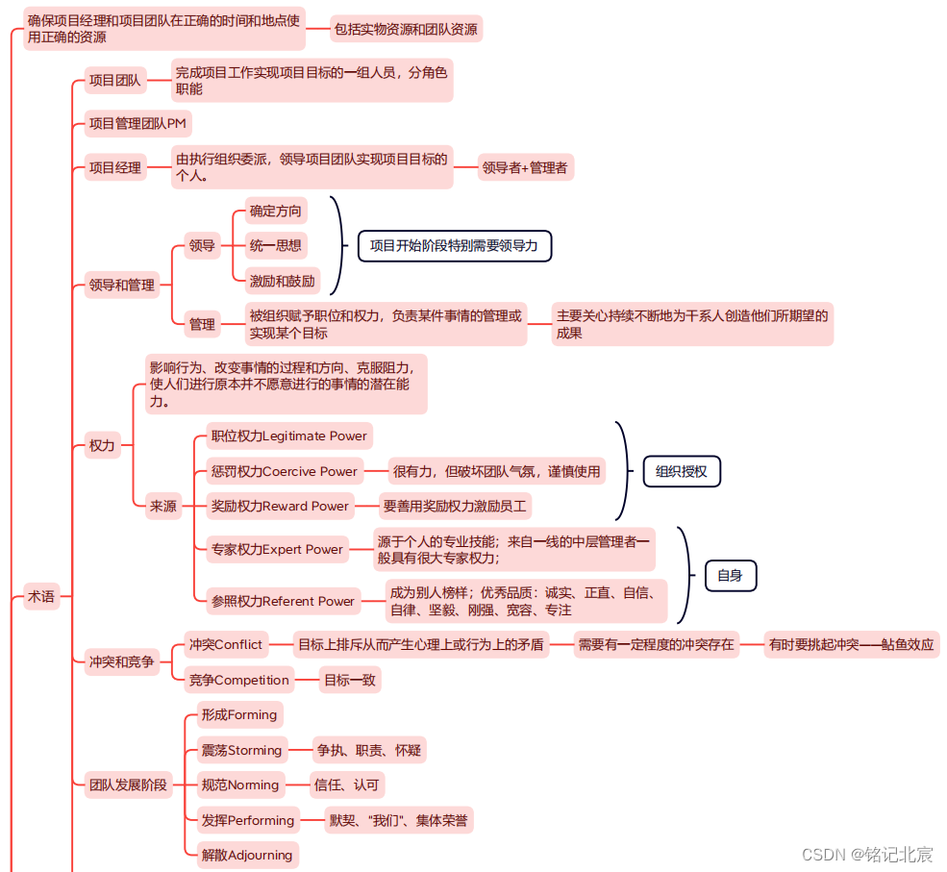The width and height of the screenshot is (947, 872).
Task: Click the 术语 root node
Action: click(41, 597)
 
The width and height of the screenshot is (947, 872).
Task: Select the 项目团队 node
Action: click(114, 81)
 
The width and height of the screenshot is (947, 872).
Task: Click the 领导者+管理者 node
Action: click(525, 167)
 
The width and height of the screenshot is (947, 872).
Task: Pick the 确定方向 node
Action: click(275, 211)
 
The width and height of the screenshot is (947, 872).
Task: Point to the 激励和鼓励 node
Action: click(282, 281)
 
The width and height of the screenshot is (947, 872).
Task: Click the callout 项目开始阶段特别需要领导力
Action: click(454, 245)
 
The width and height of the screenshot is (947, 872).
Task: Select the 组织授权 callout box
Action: click(681, 471)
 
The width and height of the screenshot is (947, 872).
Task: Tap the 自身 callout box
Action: click(730, 575)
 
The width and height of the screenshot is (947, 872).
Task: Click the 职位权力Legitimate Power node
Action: click(288, 436)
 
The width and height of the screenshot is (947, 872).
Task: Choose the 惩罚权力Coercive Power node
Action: click(285, 471)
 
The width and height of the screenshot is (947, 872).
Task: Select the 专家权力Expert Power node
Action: click(277, 549)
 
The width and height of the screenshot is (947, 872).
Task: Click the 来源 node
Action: click(163, 506)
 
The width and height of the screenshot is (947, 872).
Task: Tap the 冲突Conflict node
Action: click(225, 644)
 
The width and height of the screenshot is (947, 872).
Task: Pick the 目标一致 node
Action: click(350, 680)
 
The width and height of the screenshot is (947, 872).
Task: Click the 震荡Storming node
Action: click(240, 750)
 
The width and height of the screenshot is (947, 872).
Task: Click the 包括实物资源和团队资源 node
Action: click(406, 29)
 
